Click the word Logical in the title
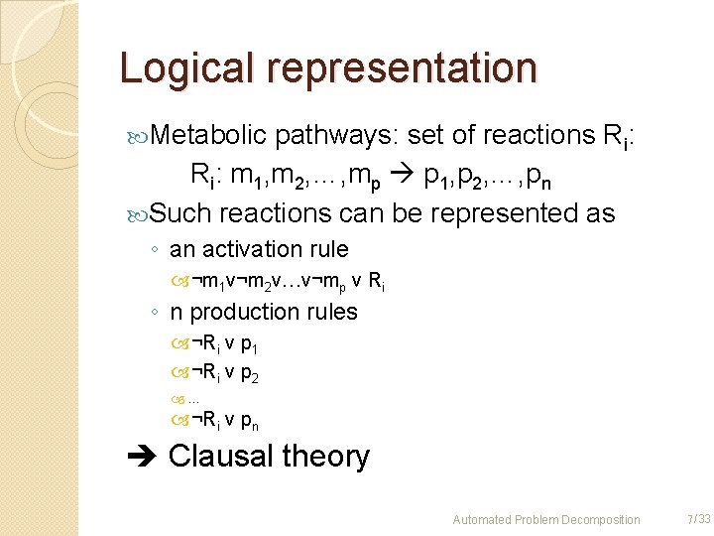pos(183,67)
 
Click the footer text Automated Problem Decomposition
pos(546,519)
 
